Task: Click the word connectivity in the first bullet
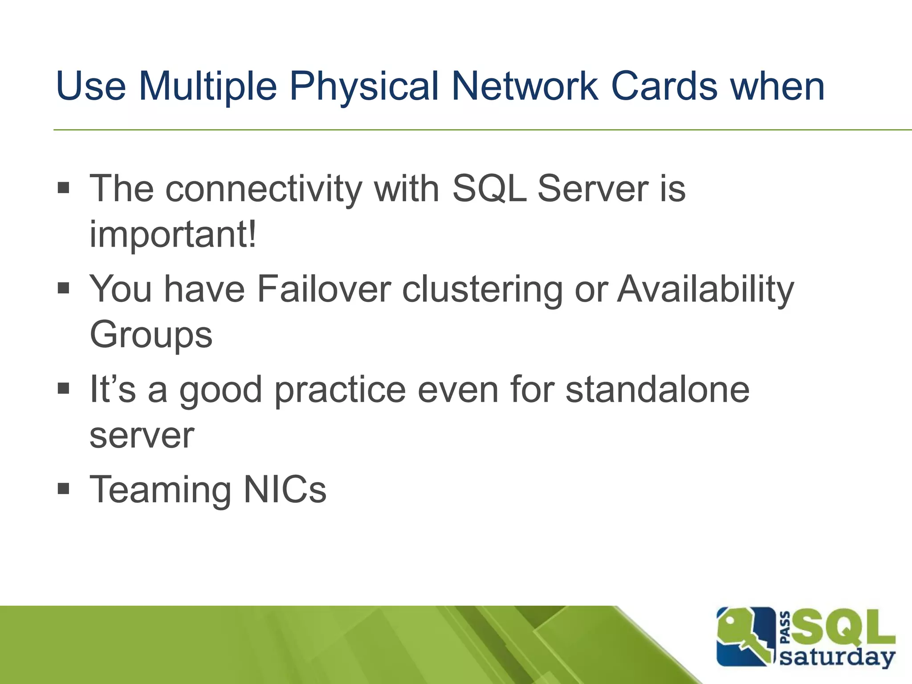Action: click(x=264, y=189)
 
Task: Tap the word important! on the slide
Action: click(x=173, y=235)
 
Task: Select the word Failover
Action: click(x=324, y=289)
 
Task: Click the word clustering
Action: click(x=483, y=289)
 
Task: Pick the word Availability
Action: click(x=705, y=289)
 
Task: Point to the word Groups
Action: click(x=151, y=335)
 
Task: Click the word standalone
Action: click(x=657, y=390)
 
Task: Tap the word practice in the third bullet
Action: click(x=340, y=390)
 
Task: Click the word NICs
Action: click(x=285, y=489)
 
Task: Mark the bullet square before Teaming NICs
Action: click(x=64, y=489)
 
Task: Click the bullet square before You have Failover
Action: click(x=64, y=289)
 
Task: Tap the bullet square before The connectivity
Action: click(x=64, y=188)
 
